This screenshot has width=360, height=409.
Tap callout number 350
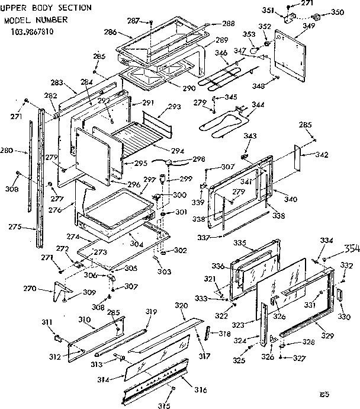pos(337,12)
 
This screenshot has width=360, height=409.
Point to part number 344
pos(258,105)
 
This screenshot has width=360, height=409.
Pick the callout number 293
pos(174,107)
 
